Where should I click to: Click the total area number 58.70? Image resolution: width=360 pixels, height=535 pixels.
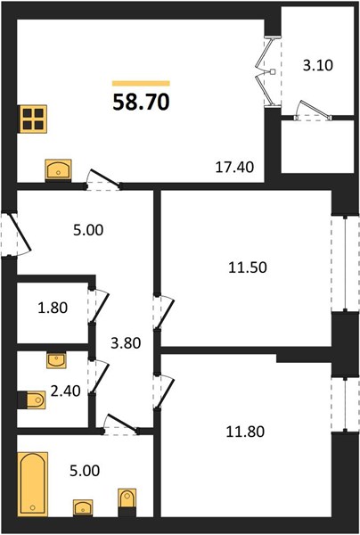tap(141, 102)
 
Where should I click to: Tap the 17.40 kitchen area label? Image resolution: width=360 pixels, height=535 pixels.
tap(235, 168)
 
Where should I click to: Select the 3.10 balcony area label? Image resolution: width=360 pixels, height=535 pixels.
tap(318, 65)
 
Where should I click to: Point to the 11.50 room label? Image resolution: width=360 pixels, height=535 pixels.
tap(248, 267)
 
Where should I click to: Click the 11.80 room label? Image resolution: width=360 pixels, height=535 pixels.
tap(245, 432)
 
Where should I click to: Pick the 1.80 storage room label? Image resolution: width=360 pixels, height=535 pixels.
tap(53, 308)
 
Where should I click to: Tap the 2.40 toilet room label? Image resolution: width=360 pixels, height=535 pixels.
tap(65, 391)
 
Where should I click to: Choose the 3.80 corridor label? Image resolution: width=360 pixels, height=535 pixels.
tap(126, 343)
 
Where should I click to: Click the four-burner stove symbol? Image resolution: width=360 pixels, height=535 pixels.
tap(32, 119)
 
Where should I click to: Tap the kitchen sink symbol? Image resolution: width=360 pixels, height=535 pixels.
tap(58, 169)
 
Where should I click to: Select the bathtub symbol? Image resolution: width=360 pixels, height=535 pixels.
tap(32, 484)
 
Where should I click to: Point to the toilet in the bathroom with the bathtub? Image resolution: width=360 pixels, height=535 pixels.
tap(127, 502)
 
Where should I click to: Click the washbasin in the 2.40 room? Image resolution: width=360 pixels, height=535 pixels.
tap(56, 360)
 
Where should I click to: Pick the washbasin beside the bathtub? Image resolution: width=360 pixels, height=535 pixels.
tap(83, 507)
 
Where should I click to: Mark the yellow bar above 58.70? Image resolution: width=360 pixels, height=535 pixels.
tap(141, 83)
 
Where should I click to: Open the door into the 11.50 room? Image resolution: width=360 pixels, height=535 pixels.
tap(164, 313)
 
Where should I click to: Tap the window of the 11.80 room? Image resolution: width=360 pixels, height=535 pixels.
tap(346, 404)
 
